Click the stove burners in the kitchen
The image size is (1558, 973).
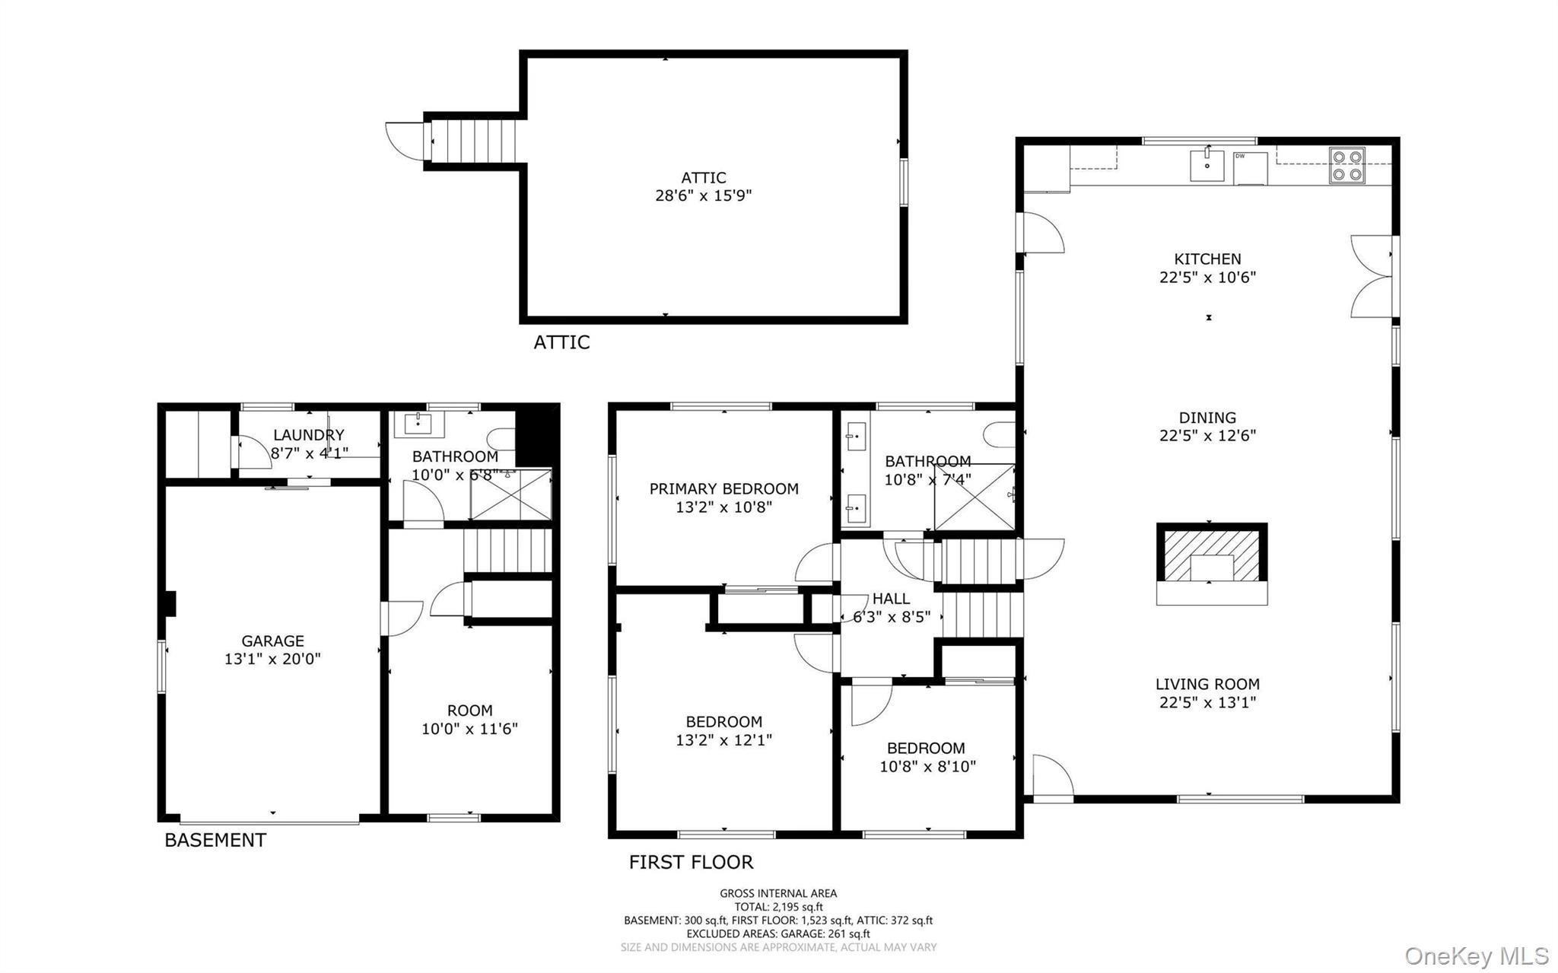coord(1347,166)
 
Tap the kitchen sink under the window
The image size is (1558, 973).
coord(1207,166)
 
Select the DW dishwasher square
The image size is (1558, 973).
coord(1250,168)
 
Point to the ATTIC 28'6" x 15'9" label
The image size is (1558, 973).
coord(704,187)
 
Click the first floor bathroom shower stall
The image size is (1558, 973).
coord(974,498)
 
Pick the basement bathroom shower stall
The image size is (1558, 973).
coord(510,495)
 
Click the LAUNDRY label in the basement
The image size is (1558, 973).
coord(308,435)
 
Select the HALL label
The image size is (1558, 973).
coord(891,599)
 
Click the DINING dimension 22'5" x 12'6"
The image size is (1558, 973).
coord(1207,436)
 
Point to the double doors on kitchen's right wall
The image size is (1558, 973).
coord(1374,276)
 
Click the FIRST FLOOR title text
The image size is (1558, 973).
coord(691,862)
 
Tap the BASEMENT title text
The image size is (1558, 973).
coord(215,840)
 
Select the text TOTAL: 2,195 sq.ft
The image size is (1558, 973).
coord(778,907)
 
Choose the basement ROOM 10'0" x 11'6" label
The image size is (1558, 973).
coord(469,720)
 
